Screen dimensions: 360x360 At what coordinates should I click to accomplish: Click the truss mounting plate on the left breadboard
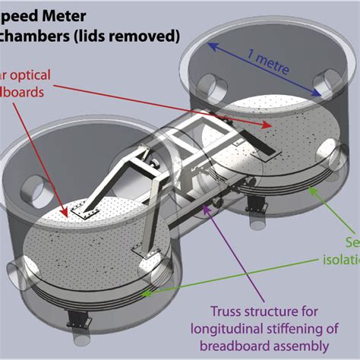[77, 214]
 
